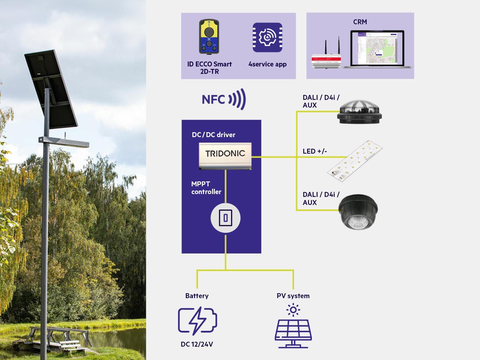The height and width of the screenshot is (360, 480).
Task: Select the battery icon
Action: (197, 321)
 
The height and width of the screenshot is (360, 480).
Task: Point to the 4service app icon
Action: (267, 38)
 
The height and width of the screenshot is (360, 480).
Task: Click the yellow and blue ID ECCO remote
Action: (209, 37)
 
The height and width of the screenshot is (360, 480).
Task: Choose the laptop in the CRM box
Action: (377, 49)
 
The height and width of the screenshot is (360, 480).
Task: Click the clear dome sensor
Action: (359, 110)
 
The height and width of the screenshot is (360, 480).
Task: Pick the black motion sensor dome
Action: (358, 212)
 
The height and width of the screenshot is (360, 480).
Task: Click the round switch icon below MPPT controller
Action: (225, 218)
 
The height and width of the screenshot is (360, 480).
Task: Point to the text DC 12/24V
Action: (197, 344)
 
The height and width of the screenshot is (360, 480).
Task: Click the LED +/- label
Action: (315, 151)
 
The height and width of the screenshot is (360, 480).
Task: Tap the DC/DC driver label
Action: (213, 135)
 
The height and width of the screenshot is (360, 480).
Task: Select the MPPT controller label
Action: (206, 188)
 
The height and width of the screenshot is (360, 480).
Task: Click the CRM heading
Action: (360, 22)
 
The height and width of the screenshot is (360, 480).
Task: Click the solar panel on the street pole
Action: (51, 88)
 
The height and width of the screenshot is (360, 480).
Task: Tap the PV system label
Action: (293, 296)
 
